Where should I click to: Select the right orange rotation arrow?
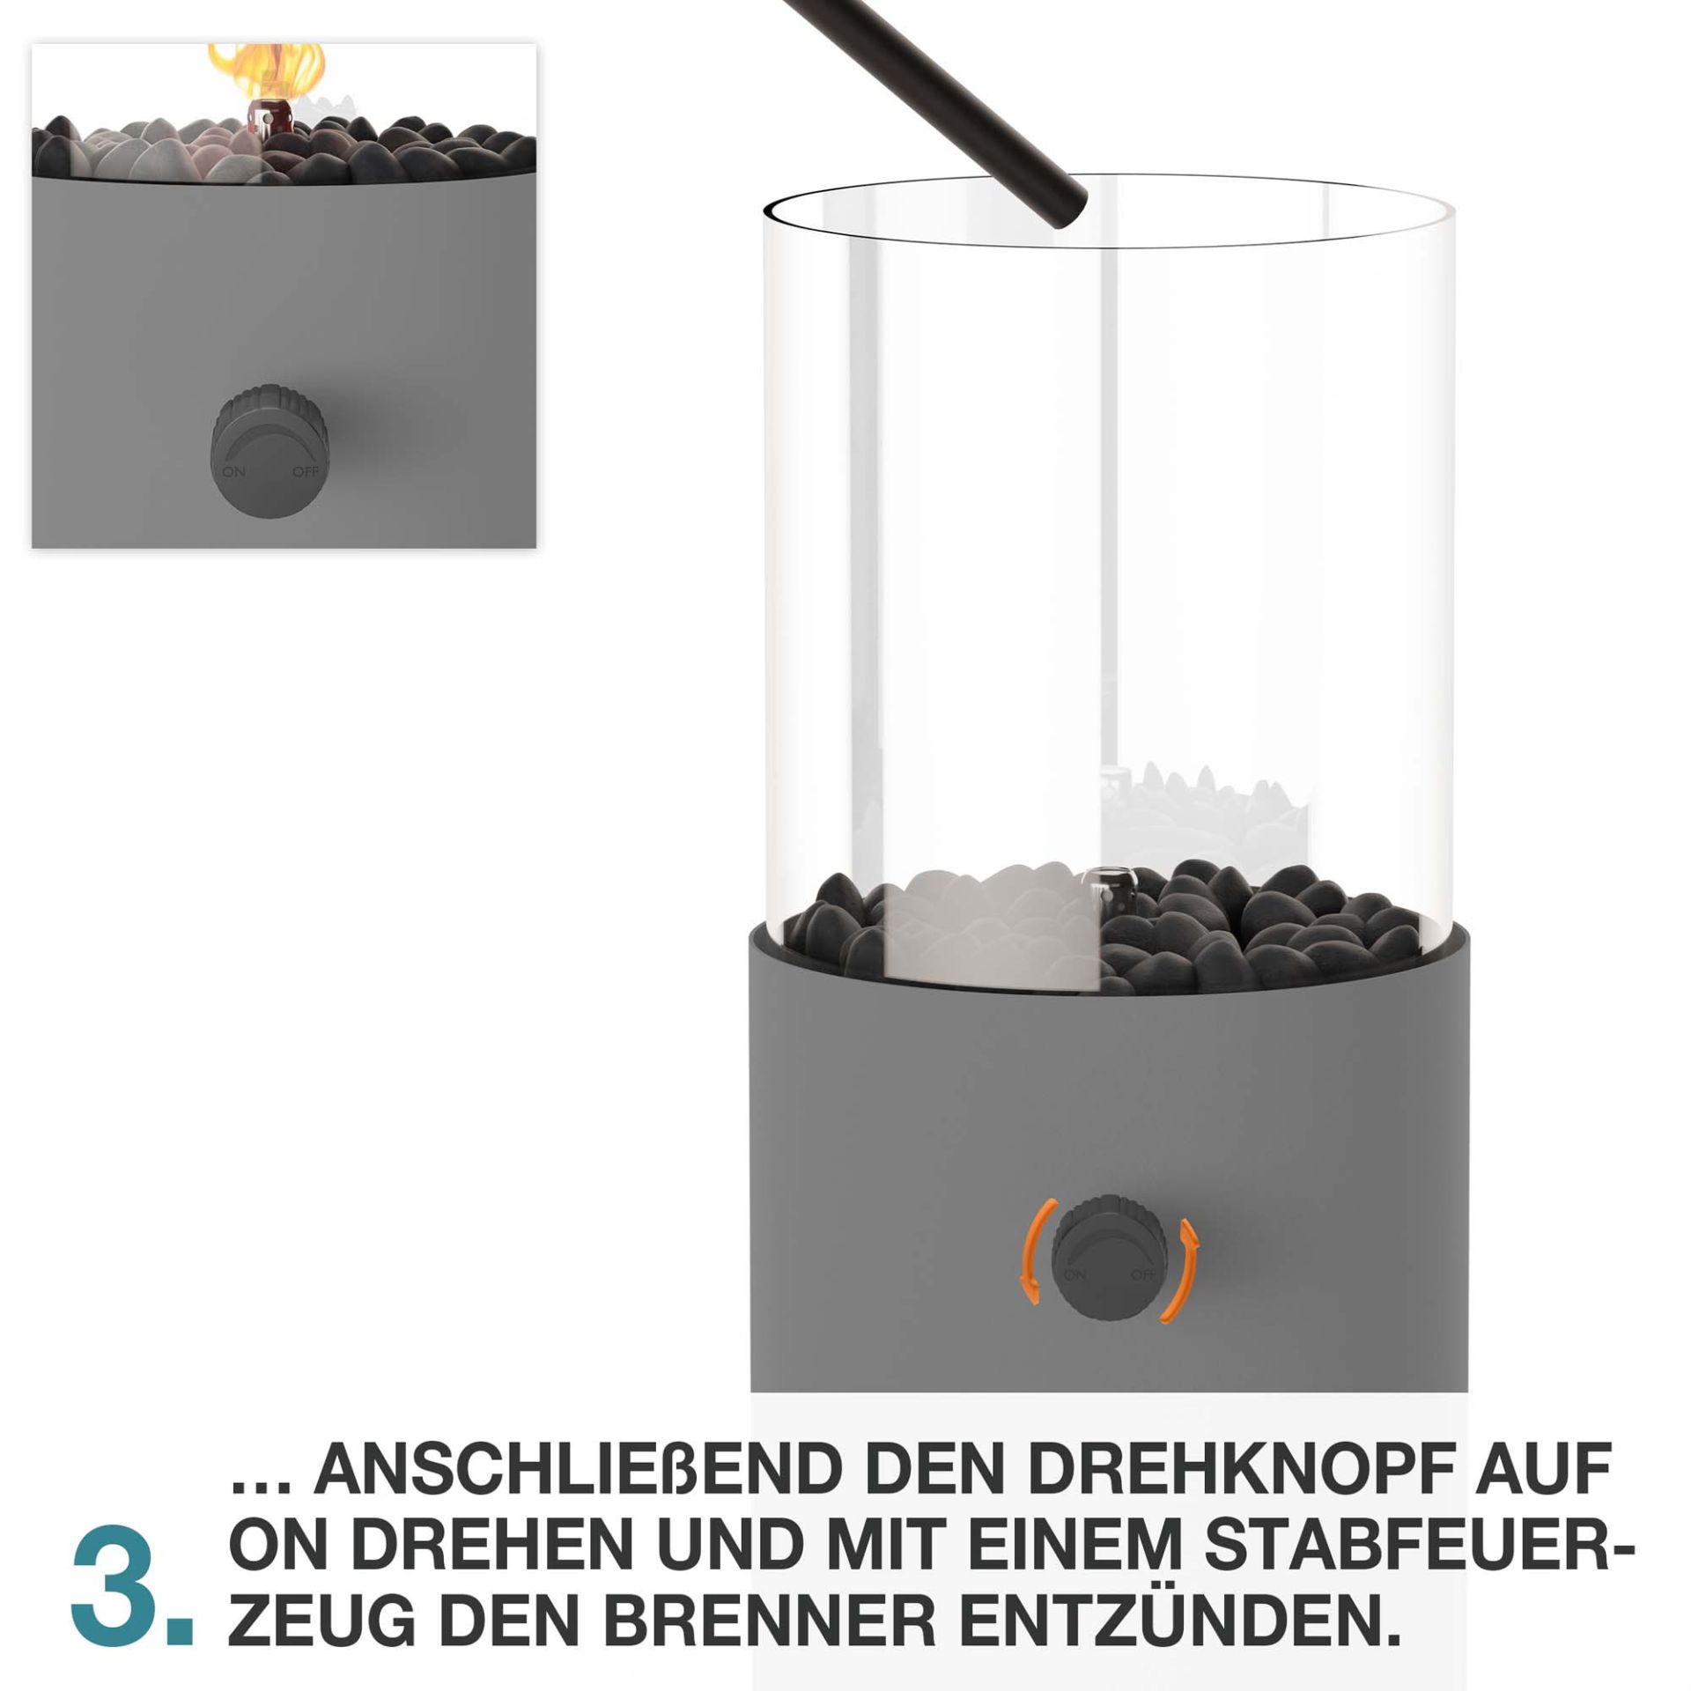coord(1185,1269)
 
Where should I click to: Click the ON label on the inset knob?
coord(233,472)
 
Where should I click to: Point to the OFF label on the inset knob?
coord(306,471)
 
